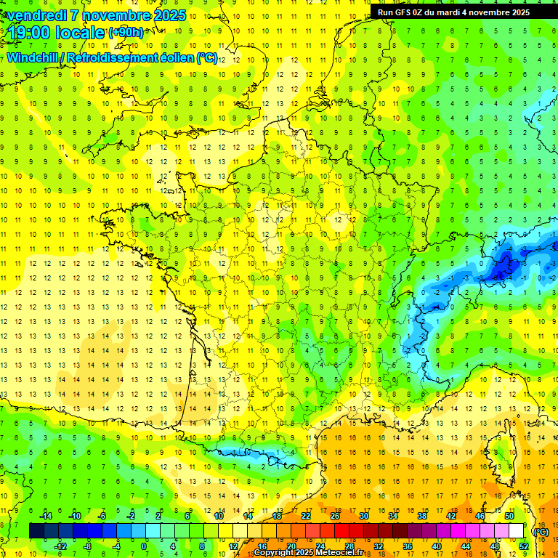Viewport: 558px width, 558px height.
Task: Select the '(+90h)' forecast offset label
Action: [126, 33]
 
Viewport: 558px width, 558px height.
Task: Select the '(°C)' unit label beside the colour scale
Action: [541, 531]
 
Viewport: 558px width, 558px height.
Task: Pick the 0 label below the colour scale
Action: [143, 546]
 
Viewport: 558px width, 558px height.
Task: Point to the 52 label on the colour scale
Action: [523, 546]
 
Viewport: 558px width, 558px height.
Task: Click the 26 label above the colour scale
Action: [335, 516]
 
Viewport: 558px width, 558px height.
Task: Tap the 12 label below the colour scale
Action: [233, 546]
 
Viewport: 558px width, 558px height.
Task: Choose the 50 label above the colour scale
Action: [509, 516]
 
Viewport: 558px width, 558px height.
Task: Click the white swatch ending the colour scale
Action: [517, 531]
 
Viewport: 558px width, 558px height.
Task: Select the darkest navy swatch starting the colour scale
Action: [36, 531]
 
